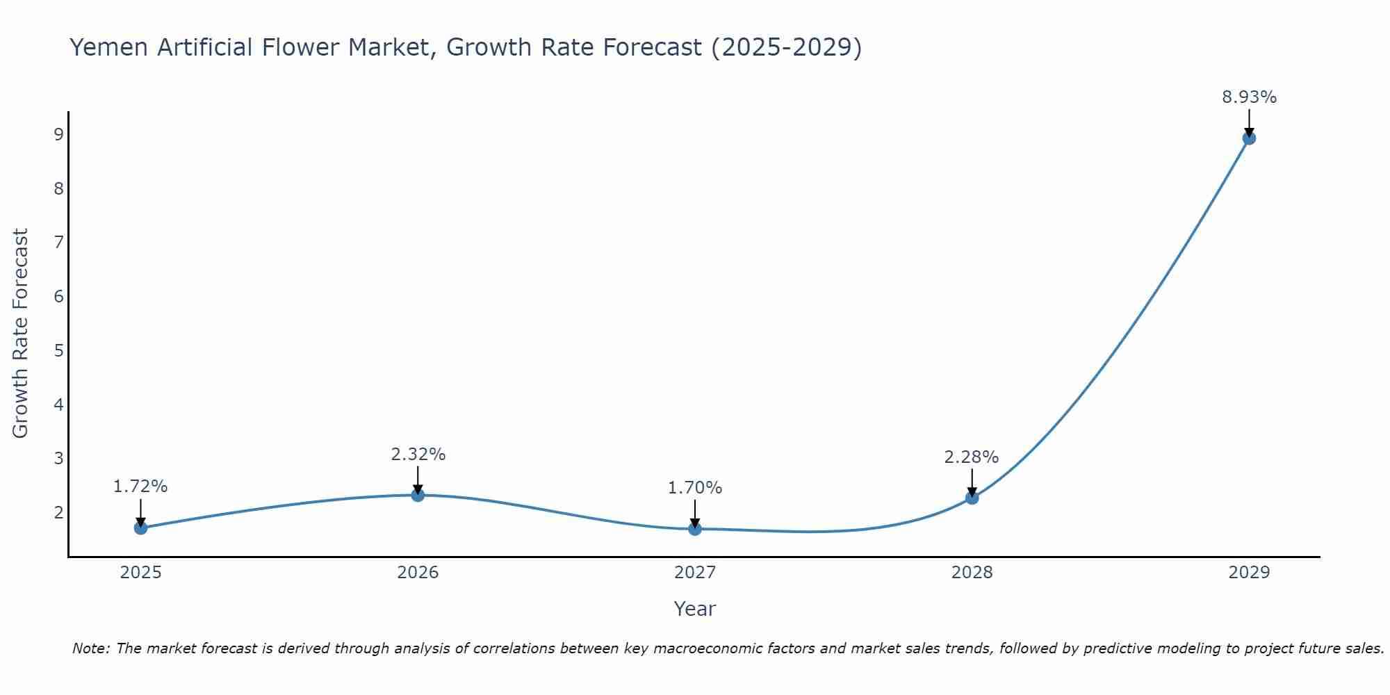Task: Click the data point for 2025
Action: [140, 528]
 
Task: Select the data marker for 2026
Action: [418, 495]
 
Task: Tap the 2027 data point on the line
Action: [695, 529]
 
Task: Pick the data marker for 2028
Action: [972, 498]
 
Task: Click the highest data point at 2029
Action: [1249, 138]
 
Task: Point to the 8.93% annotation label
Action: [1249, 97]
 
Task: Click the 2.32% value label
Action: [418, 455]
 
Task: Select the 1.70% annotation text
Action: [695, 488]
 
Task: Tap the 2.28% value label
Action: [971, 457]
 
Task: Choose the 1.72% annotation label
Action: [140, 486]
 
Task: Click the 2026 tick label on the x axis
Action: [418, 573]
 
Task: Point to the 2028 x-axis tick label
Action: [972, 573]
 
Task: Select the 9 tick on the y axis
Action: [58, 134]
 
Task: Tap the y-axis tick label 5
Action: [58, 350]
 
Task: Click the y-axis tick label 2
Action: [58, 512]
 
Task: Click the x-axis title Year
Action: [694, 609]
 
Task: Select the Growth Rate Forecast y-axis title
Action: [21, 333]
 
